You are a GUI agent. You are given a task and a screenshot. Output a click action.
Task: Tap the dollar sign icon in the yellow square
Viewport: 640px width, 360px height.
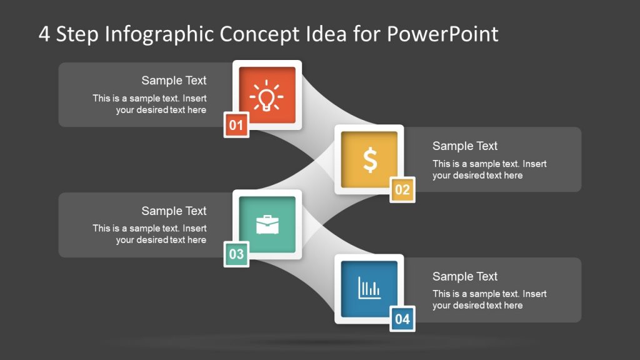click(x=370, y=161)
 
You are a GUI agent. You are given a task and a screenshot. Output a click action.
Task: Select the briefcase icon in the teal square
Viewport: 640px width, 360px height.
click(x=267, y=225)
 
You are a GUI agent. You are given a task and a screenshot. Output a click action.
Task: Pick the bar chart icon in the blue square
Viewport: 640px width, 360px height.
click(x=369, y=288)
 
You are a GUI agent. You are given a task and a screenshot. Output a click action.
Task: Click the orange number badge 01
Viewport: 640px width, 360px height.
click(x=236, y=126)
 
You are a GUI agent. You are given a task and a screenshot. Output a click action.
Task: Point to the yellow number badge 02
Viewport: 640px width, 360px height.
click(x=402, y=190)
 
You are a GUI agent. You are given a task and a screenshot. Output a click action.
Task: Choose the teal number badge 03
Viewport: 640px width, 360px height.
click(x=236, y=254)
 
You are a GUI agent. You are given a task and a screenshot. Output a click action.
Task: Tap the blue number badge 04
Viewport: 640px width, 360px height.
click(x=402, y=319)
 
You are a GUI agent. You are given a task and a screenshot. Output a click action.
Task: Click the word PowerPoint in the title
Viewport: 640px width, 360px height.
click(x=442, y=34)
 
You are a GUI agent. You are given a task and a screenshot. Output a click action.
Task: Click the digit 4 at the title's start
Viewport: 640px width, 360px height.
click(x=44, y=34)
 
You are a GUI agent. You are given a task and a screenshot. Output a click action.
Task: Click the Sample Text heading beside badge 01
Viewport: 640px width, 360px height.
click(x=174, y=81)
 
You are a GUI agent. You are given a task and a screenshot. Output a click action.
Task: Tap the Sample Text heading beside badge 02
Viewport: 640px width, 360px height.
click(x=465, y=146)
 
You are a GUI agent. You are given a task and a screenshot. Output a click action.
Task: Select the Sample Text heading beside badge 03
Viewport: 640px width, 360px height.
click(x=174, y=211)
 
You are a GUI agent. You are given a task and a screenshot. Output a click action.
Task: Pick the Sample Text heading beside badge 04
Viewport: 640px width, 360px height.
click(x=465, y=276)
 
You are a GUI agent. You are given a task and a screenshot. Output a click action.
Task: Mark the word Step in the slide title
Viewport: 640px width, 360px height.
click(x=77, y=34)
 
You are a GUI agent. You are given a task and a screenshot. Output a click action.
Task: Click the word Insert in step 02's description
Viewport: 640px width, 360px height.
click(x=534, y=164)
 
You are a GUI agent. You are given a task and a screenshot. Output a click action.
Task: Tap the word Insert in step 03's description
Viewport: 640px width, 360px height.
click(x=194, y=228)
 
